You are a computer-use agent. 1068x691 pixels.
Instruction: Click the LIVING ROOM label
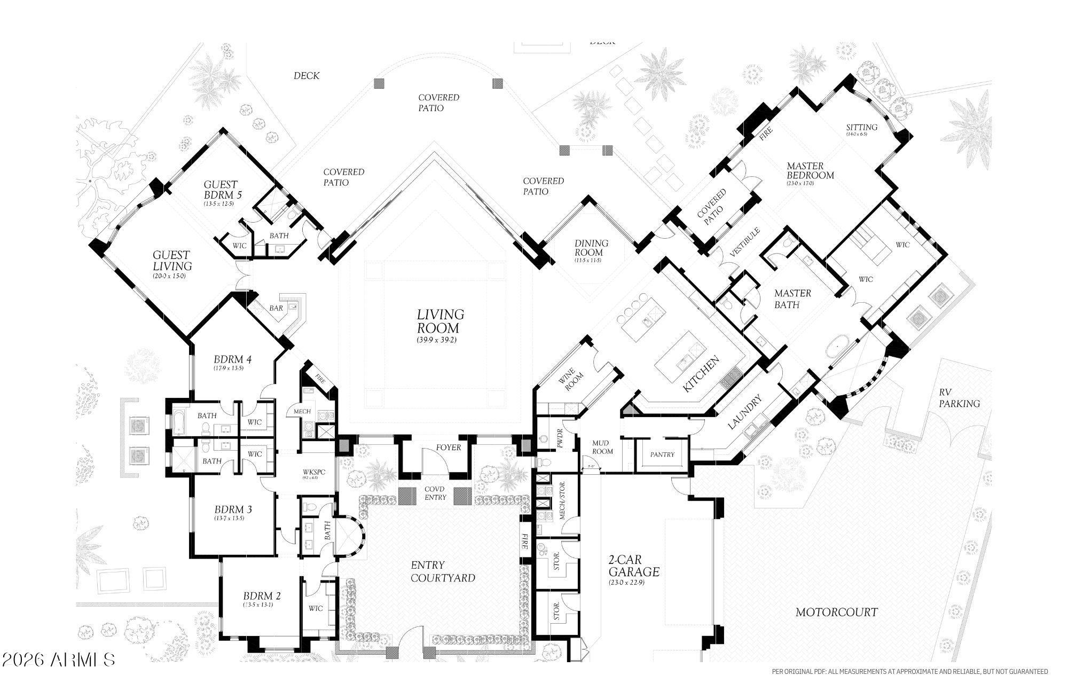tap(440, 321)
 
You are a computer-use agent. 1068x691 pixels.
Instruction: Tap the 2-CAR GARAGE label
tap(634, 566)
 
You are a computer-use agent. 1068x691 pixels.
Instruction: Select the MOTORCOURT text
tap(836, 613)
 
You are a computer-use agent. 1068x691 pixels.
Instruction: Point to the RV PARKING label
tap(960, 398)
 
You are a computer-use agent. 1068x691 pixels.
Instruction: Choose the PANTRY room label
tap(662, 454)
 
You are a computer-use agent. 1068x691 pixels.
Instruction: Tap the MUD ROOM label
tap(603, 447)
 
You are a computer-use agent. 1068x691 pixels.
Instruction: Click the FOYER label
tap(448, 447)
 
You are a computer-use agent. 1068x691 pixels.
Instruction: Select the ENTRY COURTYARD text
tap(443, 571)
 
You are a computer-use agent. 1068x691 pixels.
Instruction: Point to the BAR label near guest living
tap(276, 308)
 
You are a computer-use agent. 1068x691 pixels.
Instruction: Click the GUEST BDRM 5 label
tap(222, 190)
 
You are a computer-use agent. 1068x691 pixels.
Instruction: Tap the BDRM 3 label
tap(233, 509)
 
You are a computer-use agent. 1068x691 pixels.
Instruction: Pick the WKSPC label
tap(313, 472)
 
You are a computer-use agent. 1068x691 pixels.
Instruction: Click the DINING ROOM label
tap(591, 248)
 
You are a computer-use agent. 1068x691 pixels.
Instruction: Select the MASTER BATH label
tap(792, 299)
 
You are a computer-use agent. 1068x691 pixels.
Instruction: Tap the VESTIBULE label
tap(744, 243)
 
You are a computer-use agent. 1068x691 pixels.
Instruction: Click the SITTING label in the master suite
tap(861, 127)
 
